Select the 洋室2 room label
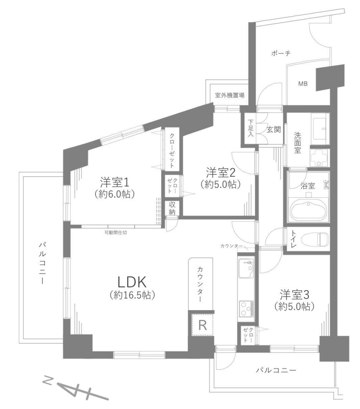click(x=220, y=173)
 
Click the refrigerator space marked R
click(x=203, y=325)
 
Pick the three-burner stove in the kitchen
click(x=247, y=308)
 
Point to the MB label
click(x=303, y=84)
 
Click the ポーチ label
click(x=281, y=53)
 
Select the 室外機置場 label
click(x=230, y=95)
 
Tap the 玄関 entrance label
click(x=274, y=129)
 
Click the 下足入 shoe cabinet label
click(x=251, y=128)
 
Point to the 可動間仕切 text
click(x=115, y=233)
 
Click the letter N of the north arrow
click(x=48, y=382)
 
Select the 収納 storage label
click(x=172, y=208)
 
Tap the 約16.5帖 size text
click(x=132, y=295)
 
